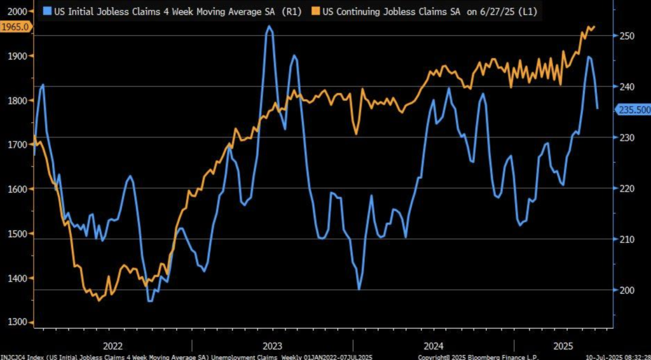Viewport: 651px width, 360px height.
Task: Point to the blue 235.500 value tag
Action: pos(633,109)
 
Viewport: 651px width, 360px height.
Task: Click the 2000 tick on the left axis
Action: pos(17,11)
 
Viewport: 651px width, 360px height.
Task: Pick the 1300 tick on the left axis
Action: pos(17,322)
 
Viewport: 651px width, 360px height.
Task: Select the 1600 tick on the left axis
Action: pos(17,189)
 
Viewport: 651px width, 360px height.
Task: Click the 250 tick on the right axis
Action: pos(625,36)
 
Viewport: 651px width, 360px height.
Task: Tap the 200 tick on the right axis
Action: pos(625,290)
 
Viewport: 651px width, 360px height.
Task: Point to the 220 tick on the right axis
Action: pos(625,188)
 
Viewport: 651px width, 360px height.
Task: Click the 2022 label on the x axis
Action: pos(113,345)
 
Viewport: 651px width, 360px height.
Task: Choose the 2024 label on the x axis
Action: pos(434,345)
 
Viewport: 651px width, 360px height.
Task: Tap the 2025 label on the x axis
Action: pos(563,345)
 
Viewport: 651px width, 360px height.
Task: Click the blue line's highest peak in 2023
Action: pos(270,27)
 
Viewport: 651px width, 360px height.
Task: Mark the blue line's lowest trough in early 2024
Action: pos(359,289)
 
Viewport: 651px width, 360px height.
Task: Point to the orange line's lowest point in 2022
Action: pos(99,300)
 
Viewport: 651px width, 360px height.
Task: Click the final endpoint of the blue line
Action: pos(597,108)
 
